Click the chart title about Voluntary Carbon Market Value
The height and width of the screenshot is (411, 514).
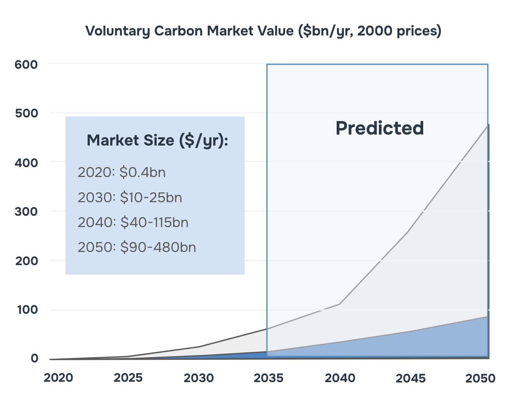tap(263, 31)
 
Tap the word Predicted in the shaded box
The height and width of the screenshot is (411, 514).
tap(380, 128)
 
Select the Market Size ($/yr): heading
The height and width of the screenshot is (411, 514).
tap(157, 140)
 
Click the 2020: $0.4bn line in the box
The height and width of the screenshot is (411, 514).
tap(122, 172)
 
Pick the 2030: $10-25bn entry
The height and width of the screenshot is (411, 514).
tap(130, 197)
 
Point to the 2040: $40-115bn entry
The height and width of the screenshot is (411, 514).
tap(133, 222)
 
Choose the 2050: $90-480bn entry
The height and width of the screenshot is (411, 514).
tap(137, 247)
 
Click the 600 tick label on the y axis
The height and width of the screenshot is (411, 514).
tap(26, 65)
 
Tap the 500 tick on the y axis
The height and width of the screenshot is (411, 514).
tap(27, 113)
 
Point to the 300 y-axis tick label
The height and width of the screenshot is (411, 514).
tap(26, 212)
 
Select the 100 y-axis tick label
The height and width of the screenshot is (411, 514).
tap(27, 310)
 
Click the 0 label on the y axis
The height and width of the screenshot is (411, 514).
tap(34, 358)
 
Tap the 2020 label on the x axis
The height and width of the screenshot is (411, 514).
tap(58, 378)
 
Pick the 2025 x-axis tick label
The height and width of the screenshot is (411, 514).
tap(128, 378)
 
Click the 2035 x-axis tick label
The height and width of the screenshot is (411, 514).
tap(268, 378)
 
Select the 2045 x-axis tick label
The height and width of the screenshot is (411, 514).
tap(410, 378)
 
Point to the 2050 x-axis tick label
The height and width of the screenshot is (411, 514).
tap(480, 378)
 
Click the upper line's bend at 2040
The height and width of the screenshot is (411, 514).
tap(340, 304)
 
